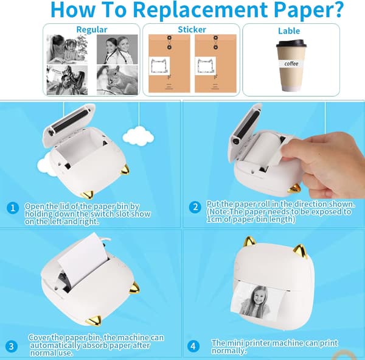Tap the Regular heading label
tap(92, 30)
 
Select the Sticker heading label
tap(192, 30)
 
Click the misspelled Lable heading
tap(289, 31)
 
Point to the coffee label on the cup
tap(291, 63)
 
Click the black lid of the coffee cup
tap(291, 43)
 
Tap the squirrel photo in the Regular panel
tap(117, 80)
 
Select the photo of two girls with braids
tap(117, 49)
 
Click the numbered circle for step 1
tap(13, 208)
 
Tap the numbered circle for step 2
tap(195, 207)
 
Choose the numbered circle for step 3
tap(11, 346)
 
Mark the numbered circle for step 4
tap(193, 346)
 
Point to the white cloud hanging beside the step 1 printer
tap(138, 136)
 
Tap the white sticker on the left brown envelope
tap(159, 66)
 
